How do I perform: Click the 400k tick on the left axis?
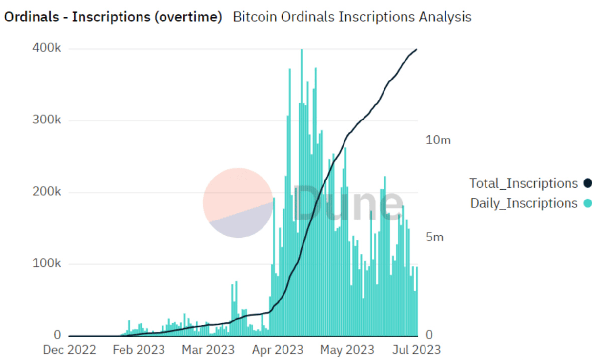(47, 49)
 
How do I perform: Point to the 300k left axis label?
(47, 120)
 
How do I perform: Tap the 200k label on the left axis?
(47, 192)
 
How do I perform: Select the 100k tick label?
(47, 264)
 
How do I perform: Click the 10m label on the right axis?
(438, 140)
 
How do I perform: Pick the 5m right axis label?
(435, 238)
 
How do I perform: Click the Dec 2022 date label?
(69, 350)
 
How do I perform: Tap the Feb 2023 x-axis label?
(139, 350)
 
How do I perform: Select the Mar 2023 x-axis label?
(208, 350)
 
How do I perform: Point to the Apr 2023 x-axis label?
(277, 350)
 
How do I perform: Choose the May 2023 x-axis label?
(347, 350)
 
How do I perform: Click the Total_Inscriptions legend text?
(524, 183)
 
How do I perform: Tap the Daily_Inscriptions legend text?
(524, 203)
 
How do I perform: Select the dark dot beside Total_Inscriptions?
(587, 183)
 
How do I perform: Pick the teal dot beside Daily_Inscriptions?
(587, 203)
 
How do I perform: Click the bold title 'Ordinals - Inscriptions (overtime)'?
(113, 17)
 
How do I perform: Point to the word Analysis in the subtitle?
(445, 17)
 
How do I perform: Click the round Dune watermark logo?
(238, 203)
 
